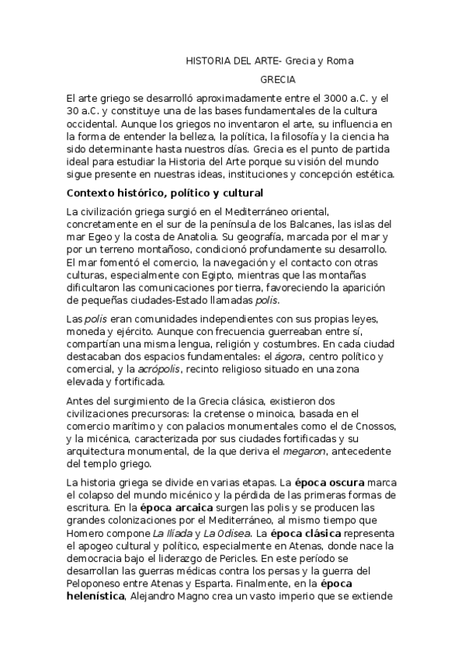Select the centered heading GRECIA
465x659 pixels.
coord(277,78)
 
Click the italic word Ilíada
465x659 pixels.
coord(169,533)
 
